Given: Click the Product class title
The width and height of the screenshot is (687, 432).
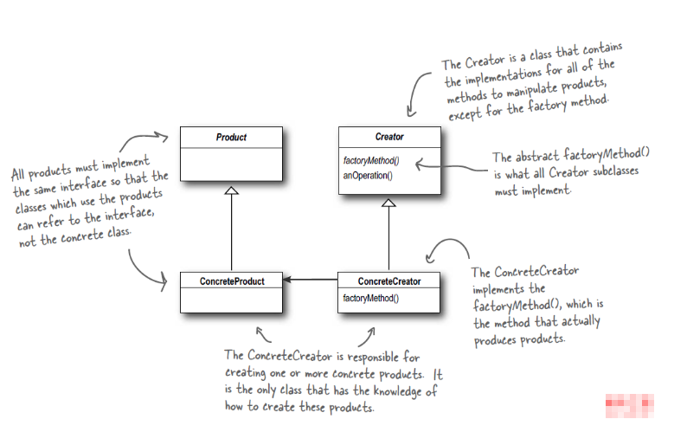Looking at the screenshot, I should pos(231,137).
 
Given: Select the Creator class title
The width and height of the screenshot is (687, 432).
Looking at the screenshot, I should pos(389,137).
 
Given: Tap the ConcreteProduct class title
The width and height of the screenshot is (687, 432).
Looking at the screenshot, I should pos(231,281).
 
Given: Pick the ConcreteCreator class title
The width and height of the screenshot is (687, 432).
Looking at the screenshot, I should pos(389,281).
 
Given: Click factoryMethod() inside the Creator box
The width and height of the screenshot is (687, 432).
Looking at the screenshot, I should pos(371,161).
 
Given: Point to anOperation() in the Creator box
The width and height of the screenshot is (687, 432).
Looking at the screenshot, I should pos(368,176).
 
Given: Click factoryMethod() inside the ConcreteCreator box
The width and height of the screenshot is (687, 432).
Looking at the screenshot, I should pos(371,298).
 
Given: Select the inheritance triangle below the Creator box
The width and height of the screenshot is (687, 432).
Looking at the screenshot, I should pos(389,203).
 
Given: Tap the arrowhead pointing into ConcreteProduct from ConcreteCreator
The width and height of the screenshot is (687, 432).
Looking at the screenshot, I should pos(288,280).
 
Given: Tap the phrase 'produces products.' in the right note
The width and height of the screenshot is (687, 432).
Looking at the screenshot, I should pos(519,339).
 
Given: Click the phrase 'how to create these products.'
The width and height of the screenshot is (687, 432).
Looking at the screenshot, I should pos(299,407).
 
